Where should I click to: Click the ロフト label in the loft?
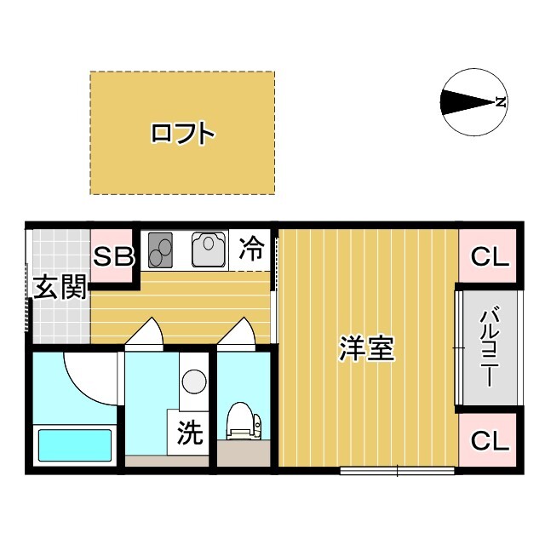[182, 133]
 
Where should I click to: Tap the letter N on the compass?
[501, 102]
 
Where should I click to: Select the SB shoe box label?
[113, 256]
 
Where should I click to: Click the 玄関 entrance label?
[60, 287]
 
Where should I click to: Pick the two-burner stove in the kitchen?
[160, 250]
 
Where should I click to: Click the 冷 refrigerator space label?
[252, 248]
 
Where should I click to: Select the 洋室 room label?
[366, 348]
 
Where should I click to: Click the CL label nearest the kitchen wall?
[490, 257]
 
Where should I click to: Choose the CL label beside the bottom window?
[490, 440]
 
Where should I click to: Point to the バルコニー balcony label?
[490, 346]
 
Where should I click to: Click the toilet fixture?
[244, 421]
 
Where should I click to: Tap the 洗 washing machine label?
[190, 432]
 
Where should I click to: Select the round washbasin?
[194, 381]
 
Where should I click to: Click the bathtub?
[75, 445]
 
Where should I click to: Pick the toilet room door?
[238, 333]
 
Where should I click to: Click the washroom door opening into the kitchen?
[144, 333]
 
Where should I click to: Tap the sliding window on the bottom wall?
[398, 471]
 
